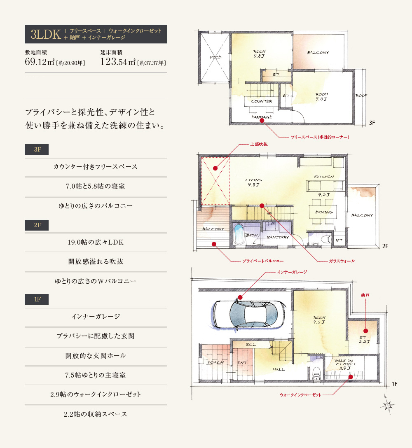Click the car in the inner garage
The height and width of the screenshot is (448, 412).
(249, 314)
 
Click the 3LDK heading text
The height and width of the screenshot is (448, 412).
(45, 34)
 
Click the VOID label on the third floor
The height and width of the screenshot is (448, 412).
(215, 57)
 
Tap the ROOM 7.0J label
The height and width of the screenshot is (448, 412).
(322, 97)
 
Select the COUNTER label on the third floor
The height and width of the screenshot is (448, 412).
(261, 101)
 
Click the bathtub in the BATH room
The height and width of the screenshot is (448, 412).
(238, 234)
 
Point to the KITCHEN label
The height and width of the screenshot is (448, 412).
(324, 177)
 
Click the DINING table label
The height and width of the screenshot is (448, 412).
(324, 212)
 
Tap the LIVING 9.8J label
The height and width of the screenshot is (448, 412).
(253, 182)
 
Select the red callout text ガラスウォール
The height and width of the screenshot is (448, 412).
(342, 261)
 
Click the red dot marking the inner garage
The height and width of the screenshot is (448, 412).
(240, 297)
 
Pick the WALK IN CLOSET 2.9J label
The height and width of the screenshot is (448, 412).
(345, 364)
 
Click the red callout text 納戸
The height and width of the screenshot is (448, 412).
(365, 295)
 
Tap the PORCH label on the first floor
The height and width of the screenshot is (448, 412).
(215, 363)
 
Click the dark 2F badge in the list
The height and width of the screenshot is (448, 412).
(37, 225)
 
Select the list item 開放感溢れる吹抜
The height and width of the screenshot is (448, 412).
(96, 261)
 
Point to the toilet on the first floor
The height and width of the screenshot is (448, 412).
(316, 373)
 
